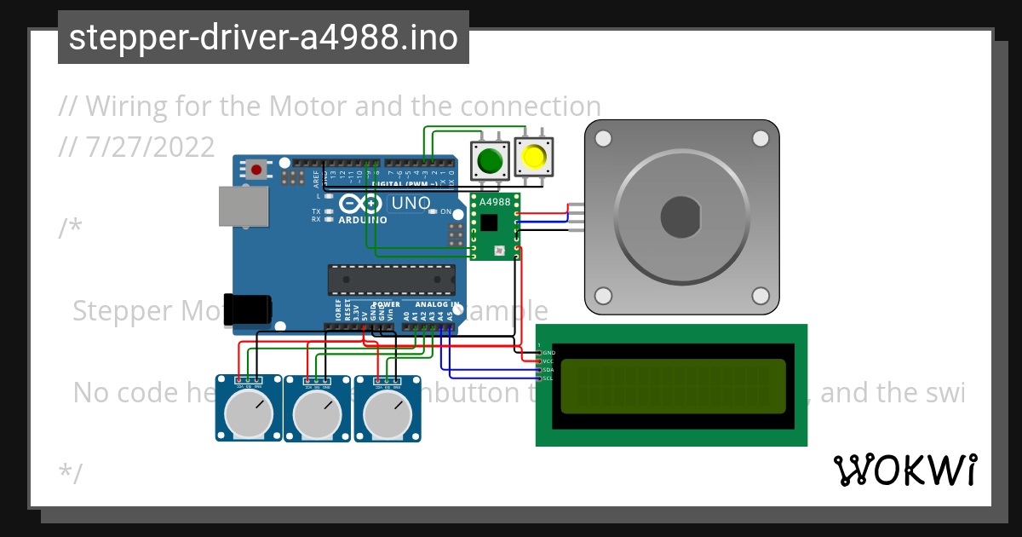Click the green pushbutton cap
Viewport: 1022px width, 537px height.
490,160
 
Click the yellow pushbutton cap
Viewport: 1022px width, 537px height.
534,158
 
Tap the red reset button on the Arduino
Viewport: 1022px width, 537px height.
255,169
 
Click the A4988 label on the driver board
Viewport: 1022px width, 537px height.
495,202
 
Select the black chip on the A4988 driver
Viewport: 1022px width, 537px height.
489,223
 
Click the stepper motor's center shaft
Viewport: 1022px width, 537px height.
680,217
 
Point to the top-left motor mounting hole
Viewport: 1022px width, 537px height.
603,138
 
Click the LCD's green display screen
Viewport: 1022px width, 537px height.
673,385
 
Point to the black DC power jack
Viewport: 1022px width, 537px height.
247,308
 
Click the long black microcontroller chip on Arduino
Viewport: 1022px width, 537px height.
391,279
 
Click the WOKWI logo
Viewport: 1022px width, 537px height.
905,470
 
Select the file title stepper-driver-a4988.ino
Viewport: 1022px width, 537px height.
263,38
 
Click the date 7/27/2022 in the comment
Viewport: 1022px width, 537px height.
150,147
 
